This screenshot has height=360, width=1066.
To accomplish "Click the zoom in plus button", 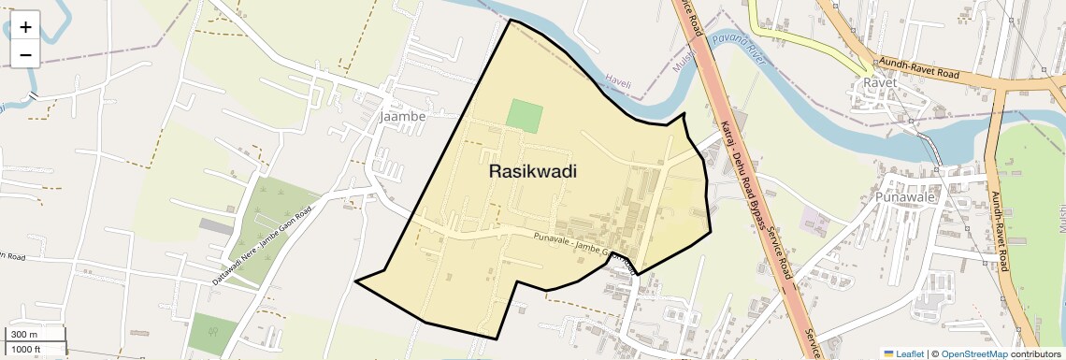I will pos(25,27).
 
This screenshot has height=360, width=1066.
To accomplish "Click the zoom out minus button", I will pos(25,54).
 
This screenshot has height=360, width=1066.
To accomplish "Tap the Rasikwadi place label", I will pos(532,172).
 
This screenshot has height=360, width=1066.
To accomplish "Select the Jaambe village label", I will pos(403,117).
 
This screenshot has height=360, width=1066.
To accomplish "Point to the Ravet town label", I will pos(880,83).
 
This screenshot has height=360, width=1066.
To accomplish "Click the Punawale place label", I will pos(905,198).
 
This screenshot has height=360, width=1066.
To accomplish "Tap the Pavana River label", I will pos(738,44).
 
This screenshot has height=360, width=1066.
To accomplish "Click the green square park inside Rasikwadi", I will pos(525,116).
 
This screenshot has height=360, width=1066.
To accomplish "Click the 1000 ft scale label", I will pos(26,349).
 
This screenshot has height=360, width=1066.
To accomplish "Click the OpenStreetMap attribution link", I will pos(973,353).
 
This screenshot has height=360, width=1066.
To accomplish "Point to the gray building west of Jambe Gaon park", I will pos(217,227).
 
